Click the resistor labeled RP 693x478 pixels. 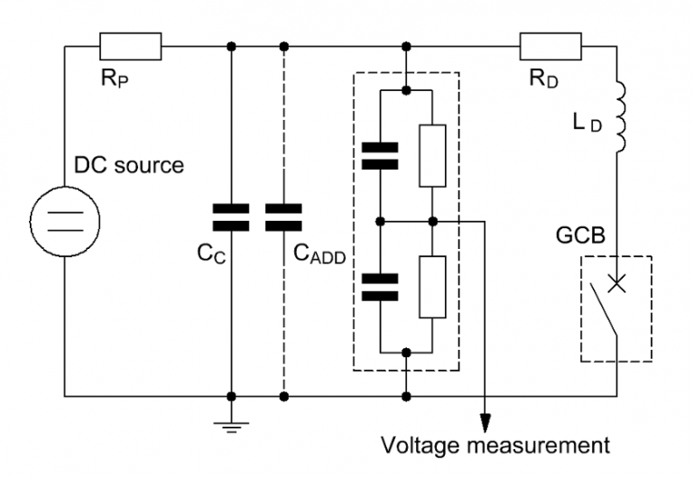pos(131,45)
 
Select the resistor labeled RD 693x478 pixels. pos(550,45)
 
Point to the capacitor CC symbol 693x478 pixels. pos(232,217)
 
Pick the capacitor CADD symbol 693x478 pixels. pos(283,217)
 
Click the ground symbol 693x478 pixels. pos(232,423)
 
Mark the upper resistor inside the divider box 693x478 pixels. pos(433,155)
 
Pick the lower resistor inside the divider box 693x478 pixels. pos(433,287)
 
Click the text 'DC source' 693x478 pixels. pos(128,166)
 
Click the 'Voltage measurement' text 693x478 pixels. pos(495,446)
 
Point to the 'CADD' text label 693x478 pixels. pos(319,254)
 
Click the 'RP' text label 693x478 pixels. pos(113,79)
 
